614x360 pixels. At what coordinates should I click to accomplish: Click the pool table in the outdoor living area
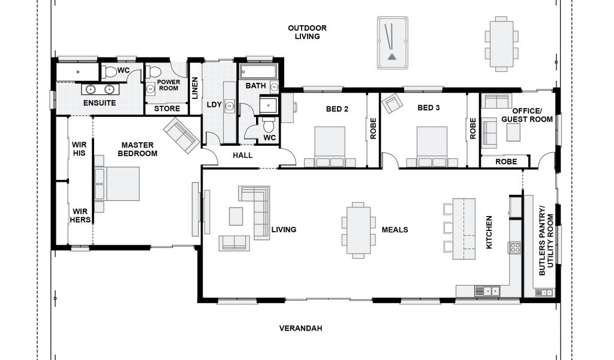tap(392, 43)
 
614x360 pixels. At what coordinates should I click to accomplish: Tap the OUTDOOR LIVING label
tap(308, 32)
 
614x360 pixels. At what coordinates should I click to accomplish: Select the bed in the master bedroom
tap(117, 184)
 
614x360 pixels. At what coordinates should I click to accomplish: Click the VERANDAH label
tap(301, 328)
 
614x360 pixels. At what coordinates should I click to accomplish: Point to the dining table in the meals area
tap(359, 230)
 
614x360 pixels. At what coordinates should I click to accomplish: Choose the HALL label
tap(243, 155)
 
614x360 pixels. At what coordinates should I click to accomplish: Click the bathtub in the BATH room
tap(258, 72)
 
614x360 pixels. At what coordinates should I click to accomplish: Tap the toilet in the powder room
tap(153, 71)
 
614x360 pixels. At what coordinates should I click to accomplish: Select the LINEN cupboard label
tap(195, 88)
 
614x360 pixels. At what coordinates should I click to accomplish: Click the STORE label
tap(167, 109)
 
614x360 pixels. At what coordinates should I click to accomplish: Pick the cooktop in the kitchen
tap(515, 248)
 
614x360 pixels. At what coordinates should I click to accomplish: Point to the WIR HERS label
tap(80, 216)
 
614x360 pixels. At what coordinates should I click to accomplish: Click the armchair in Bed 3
tap(392, 103)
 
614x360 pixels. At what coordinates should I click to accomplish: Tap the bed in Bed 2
tap(330, 147)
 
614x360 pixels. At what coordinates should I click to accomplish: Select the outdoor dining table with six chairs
tap(502, 44)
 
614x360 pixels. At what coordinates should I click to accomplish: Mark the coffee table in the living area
tap(236, 216)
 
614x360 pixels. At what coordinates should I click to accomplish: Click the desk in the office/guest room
tap(513, 133)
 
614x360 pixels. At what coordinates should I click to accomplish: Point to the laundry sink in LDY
tap(230, 106)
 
